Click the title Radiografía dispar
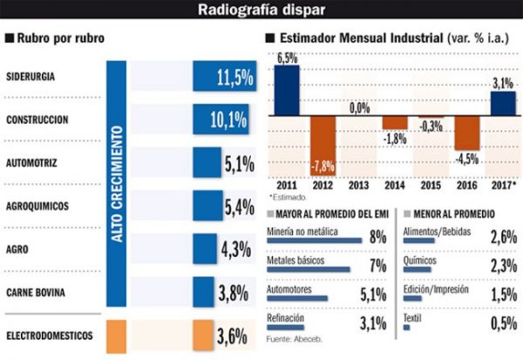coord(261,10)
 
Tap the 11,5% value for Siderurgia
coord(233,77)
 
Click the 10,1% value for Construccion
coord(231,119)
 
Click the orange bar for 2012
coord(323,143)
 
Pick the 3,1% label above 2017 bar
coord(502,83)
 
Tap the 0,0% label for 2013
coord(358,109)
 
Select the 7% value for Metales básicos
coord(377,263)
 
